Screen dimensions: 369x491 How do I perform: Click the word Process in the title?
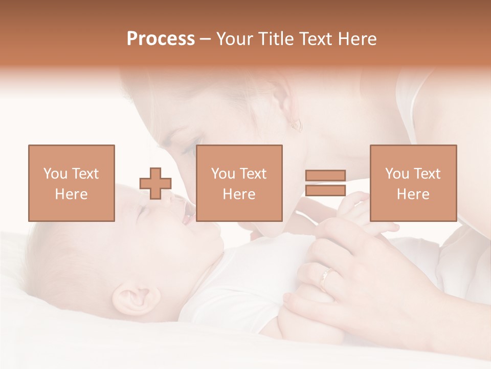tap(161, 39)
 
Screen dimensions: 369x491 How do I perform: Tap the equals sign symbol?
tap(325, 183)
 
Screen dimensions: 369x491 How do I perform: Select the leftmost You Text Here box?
tap(71, 183)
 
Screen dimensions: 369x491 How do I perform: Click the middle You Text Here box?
tap(239, 183)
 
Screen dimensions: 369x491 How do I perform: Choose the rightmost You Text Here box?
tap(413, 183)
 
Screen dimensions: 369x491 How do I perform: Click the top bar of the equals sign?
tap(325, 176)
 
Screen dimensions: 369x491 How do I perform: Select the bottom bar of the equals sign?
tap(325, 190)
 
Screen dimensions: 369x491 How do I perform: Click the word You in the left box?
tap(55, 174)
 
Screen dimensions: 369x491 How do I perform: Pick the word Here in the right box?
tap(413, 194)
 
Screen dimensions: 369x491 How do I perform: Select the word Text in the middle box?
tap(253, 174)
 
